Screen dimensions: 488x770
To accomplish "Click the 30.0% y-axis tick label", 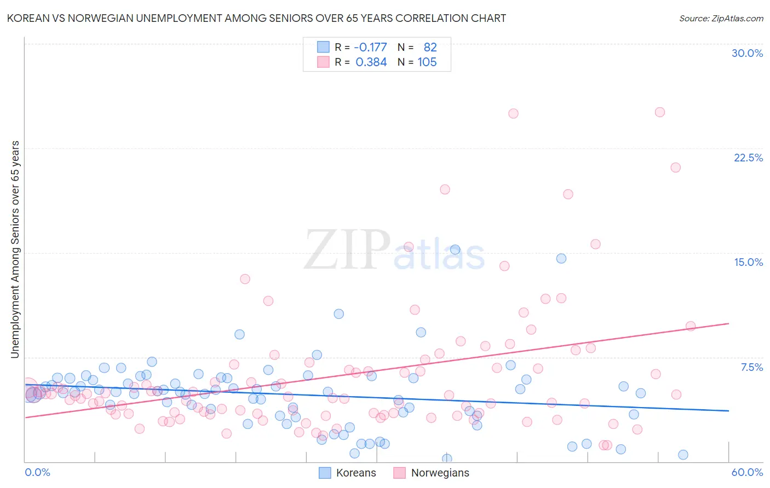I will point(747,53).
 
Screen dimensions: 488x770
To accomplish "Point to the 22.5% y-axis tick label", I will point(748,158).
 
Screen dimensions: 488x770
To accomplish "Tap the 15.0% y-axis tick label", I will point(748,262).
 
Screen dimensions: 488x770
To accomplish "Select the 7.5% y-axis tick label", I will point(751,367).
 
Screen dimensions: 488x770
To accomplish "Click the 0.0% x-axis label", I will point(37,472).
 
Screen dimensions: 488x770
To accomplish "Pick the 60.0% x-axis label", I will point(747,472).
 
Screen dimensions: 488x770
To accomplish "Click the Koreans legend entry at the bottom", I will point(348,473).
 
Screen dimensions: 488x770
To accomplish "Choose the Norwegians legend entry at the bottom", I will point(432,473).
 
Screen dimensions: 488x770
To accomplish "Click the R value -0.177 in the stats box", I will point(370,48).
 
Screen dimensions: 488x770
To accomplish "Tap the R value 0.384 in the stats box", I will point(371,62).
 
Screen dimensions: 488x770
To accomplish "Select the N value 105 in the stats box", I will point(427,62).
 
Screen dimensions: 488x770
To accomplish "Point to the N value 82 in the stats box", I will point(430,48).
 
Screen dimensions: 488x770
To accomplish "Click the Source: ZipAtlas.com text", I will point(721,18).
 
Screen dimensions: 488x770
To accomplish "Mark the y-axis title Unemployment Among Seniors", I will point(15,249).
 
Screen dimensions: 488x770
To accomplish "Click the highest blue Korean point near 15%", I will point(455,249).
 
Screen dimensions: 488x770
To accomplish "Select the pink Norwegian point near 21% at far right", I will point(675,167).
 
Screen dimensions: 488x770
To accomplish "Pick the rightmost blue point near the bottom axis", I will point(683,455).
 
